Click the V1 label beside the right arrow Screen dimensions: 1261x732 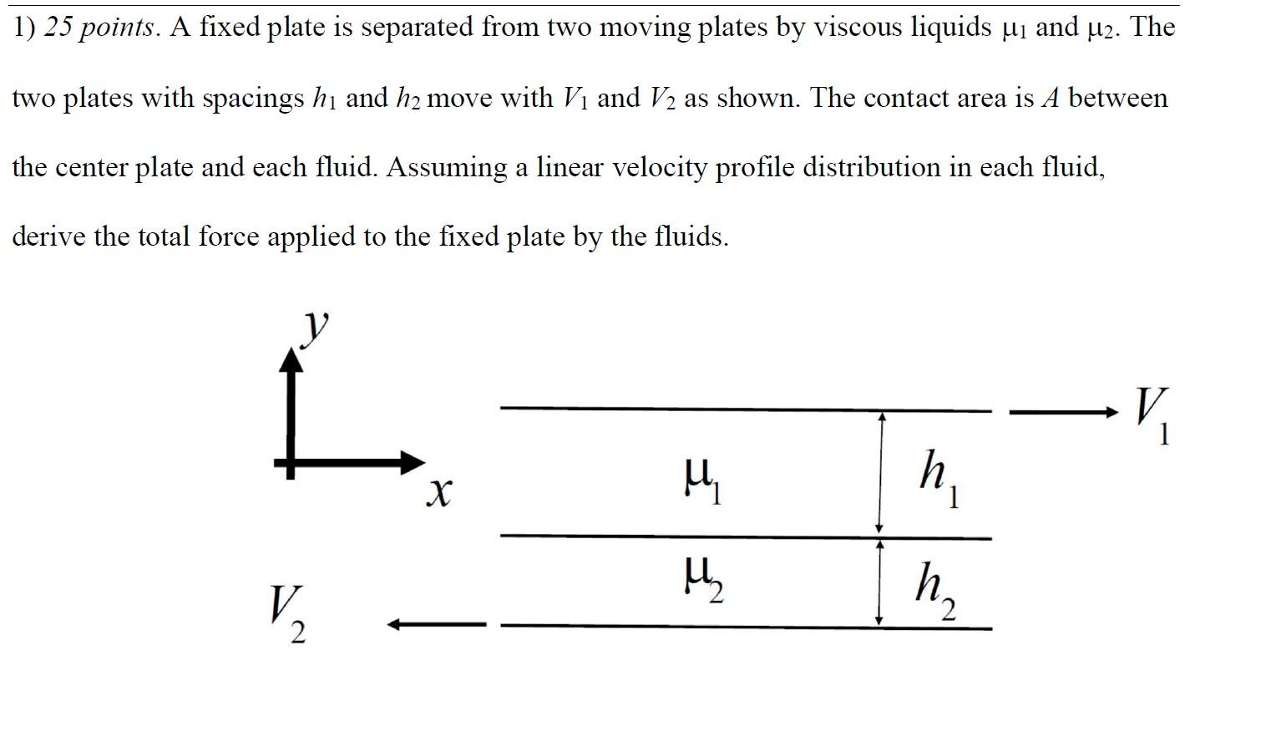click(1152, 415)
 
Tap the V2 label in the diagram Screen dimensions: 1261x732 click(288, 613)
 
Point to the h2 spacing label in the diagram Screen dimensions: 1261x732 click(935, 591)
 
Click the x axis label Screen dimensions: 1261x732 click(439, 493)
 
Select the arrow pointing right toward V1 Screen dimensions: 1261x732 click(1063, 413)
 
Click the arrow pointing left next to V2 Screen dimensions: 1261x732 click(437, 624)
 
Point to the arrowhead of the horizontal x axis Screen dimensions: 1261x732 click(413, 463)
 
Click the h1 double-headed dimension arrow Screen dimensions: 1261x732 click(880, 472)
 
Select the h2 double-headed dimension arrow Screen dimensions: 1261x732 click(879, 582)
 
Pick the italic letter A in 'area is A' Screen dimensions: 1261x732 click(1050, 98)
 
